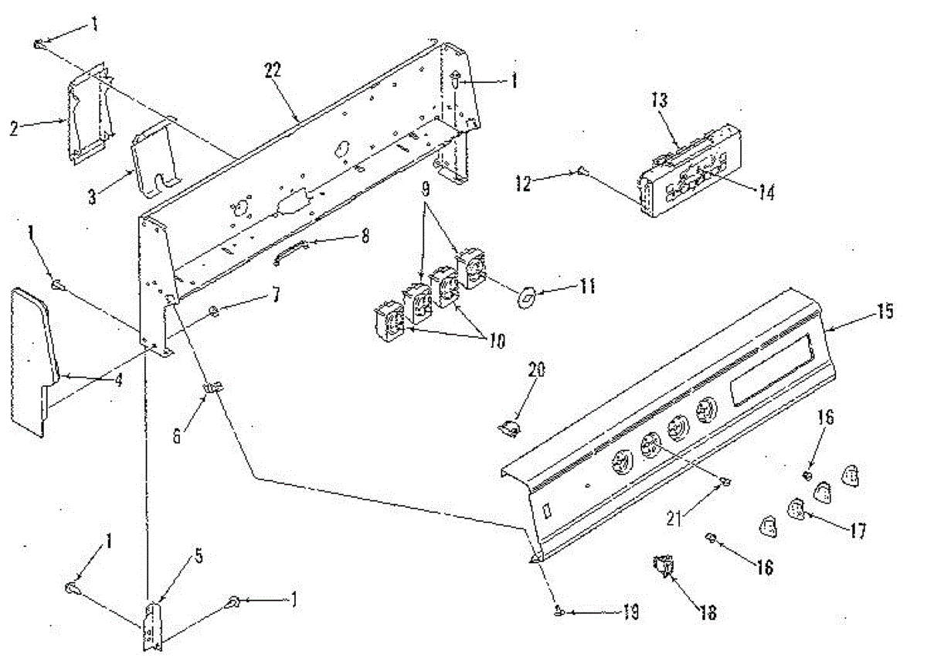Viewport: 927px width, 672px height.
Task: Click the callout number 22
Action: (x=273, y=70)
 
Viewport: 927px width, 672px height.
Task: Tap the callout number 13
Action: (x=660, y=101)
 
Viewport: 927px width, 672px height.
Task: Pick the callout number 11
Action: (x=588, y=287)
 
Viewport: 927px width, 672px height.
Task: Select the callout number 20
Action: (x=536, y=370)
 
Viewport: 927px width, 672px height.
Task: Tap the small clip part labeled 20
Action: (x=509, y=426)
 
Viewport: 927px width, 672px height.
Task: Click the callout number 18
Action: (x=708, y=613)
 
